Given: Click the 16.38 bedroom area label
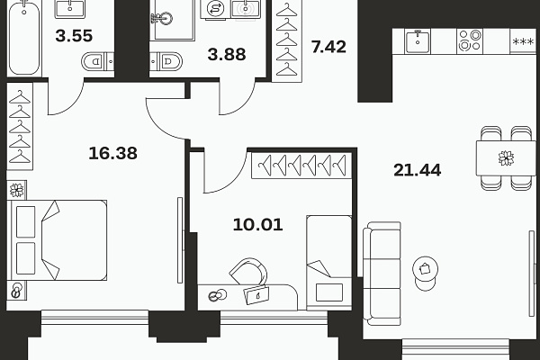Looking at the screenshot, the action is (x=113, y=153).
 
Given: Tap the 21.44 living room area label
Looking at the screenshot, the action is (x=418, y=170).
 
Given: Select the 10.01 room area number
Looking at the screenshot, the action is (x=258, y=225).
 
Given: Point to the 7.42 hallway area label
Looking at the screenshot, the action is (x=328, y=47).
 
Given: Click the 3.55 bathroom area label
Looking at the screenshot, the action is (x=74, y=36).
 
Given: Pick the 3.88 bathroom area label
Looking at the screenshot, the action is (x=227, y=54).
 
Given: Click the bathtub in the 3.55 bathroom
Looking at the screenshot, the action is (x=24, y=37).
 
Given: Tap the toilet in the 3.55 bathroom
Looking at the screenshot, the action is (x=98, y=62).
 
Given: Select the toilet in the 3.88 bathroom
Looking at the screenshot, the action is (x=166, y=61).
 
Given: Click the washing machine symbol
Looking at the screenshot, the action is (x=216, y=9).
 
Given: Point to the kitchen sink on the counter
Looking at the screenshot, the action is (x=418, y=41).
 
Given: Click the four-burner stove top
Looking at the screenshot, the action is (x=470, y=40).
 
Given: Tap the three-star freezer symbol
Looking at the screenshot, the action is (x=523, y=42).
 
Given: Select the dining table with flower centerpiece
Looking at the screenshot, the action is (x=506, y=158).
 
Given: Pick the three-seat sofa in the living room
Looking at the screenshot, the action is (x=382, y=274).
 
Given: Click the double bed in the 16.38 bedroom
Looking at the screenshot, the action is (x=57, y=240).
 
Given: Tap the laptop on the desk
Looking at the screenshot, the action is (x=256, y=295).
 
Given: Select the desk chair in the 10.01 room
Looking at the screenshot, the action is (x=248, y=272).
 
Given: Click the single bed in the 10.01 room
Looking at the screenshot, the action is (x=329, y=263).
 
